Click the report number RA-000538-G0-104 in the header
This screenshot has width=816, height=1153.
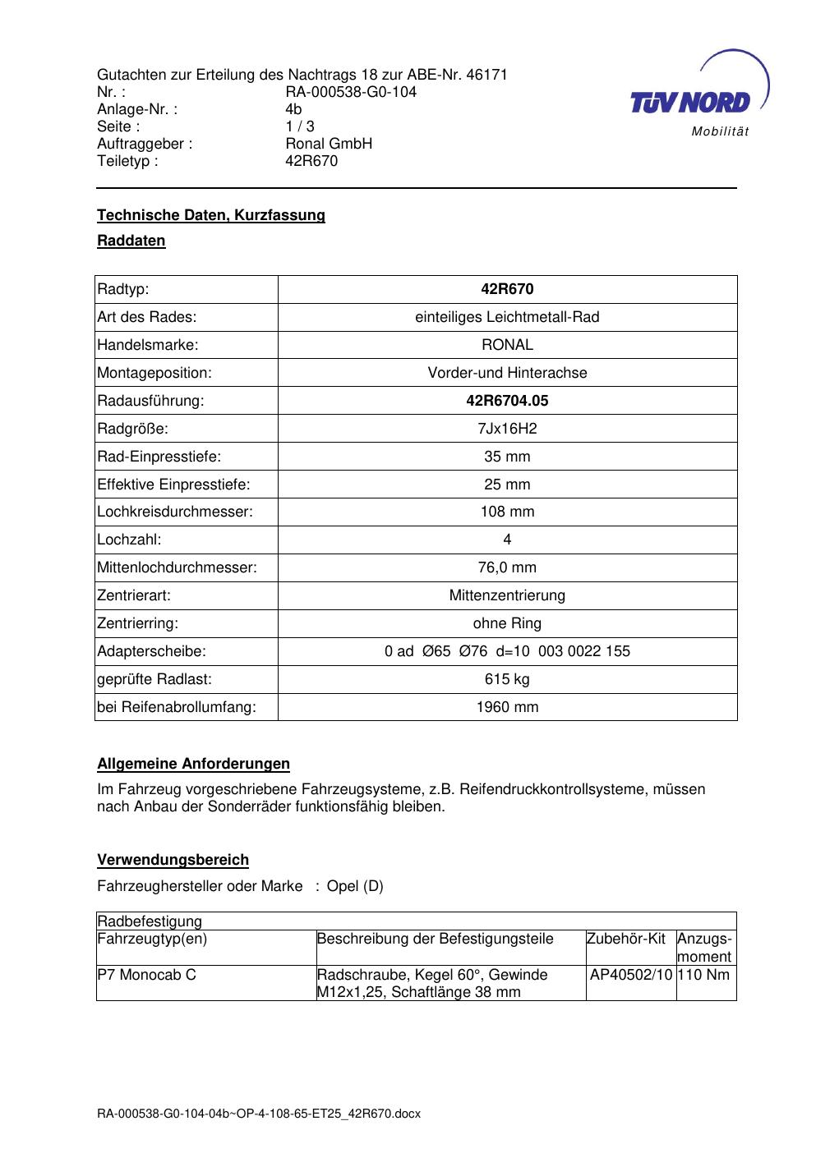pyautogui.click(x=351, y=92)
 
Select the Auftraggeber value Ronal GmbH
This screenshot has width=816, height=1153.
pyautogui.click(x=329, y=144)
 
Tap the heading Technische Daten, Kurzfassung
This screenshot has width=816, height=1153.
pyautogui.click(x=211, y=215)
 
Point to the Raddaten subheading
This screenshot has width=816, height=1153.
pyautogui.click(x=131, y=241)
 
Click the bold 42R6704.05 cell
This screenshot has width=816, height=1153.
pyautogui.click(x=507, y=401)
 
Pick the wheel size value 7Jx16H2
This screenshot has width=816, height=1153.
pyautogui.click(x=507, y=429)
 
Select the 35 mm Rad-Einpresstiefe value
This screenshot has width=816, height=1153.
pyautogui.click(x=507, y=457)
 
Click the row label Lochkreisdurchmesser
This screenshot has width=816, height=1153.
pyautogui.click(x=175, y=512)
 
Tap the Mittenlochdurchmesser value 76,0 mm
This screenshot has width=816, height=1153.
pyautogui.click(x=507, y=567)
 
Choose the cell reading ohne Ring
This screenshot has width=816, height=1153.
pyautogui.click(x=507, y=623)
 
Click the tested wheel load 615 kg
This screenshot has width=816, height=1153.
pyautogui.click(x=507, y=679)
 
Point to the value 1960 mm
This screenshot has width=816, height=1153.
pyautogui.click(x=507, y=707)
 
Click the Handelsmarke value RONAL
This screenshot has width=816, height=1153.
pyautogui.click(x=507, y=345)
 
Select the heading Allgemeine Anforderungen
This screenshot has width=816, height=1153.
pyautogui.click(x=193, y=764)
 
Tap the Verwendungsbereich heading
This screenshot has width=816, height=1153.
pyautogui.click(x=173, y=860)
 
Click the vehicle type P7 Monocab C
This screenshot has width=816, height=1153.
pyautogui.click(x=147, y=975)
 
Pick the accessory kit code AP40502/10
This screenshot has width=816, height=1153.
pyautogui.click(x=631, y=975)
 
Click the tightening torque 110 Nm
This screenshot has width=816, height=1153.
pyautogui.click(x=705, y=975)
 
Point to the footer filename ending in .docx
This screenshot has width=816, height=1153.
pyautogui.click(x=259, y=1114)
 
